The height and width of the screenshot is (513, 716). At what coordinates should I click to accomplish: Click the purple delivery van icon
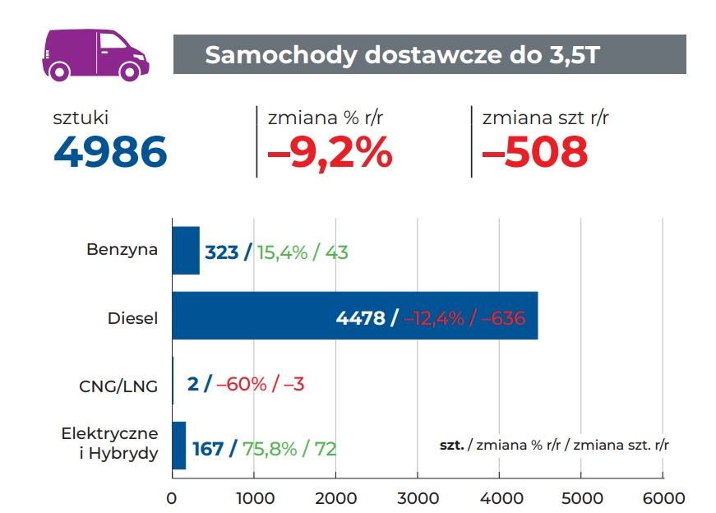(95, 53)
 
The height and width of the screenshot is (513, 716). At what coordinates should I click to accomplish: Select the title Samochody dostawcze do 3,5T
(402, 55)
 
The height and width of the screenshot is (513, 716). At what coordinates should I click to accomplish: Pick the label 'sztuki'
(81, 118)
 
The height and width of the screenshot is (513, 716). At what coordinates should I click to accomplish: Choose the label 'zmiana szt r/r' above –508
(546, 118)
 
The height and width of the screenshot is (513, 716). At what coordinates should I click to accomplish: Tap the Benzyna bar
(186, 251)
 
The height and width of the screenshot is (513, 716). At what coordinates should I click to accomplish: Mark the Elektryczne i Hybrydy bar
(179, 446)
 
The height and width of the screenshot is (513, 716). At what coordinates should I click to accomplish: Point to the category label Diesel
(132, 318)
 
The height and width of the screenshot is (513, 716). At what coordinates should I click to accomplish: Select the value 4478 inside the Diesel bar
(361, 318)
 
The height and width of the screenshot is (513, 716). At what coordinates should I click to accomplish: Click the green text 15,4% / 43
(303, 252)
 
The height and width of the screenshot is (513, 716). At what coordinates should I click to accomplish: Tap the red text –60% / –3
(261, 383)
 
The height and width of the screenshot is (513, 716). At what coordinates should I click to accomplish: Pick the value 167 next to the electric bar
(208, 449)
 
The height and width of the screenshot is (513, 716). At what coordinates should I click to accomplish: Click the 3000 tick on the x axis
(417, 497)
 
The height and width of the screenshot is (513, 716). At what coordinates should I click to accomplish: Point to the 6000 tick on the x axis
(663, 497)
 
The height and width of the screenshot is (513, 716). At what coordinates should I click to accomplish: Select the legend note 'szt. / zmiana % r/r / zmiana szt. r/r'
(554, 445)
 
